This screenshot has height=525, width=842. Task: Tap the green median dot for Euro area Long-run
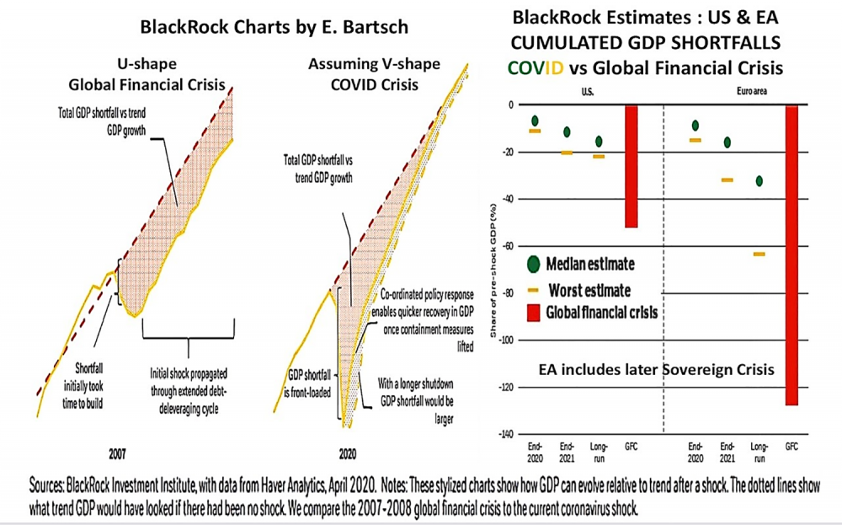point(760,181)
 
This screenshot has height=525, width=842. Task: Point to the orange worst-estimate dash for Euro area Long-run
point(759,254)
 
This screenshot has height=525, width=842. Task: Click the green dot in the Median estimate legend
point(531,265)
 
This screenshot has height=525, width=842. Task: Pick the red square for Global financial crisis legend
point(531,312)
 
